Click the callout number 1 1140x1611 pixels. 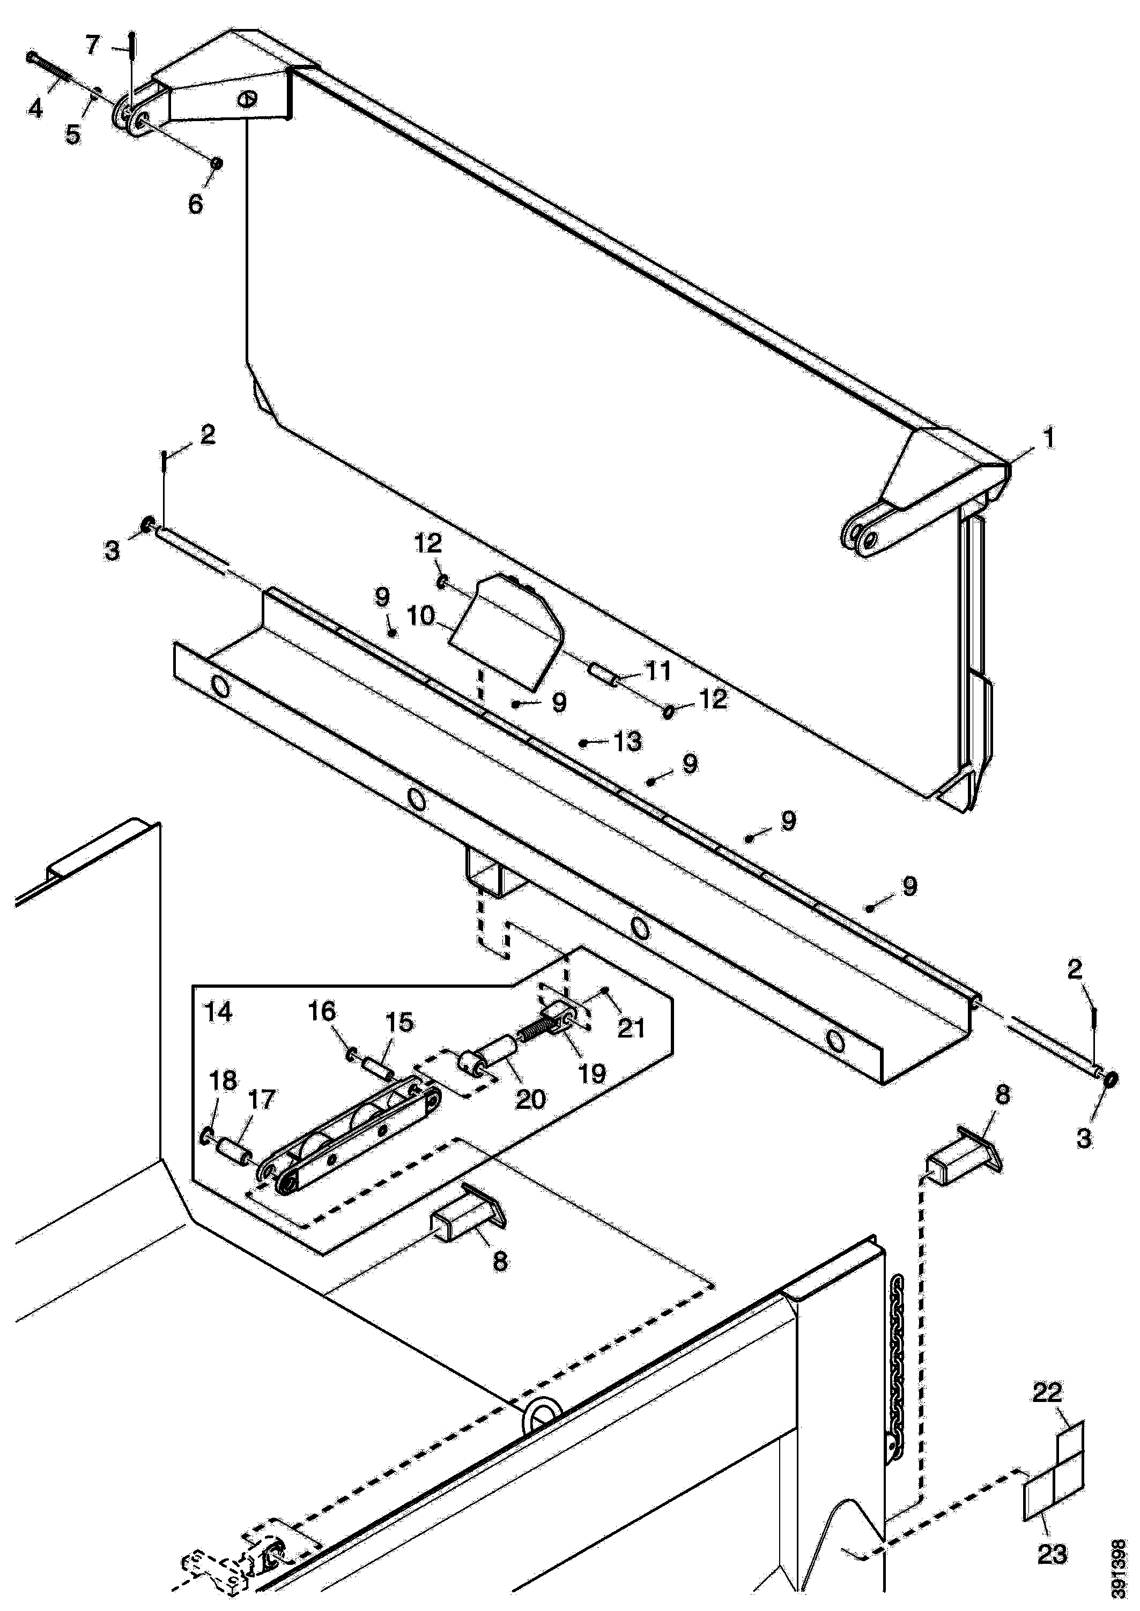[x=1049, y=439]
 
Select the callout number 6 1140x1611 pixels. [x=195, y=204]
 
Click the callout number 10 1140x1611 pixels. [x=421, y=617]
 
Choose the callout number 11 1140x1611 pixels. [x=658, y=671]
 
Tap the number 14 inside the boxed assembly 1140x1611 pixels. [x=218, y=1012]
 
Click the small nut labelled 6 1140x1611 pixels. [x=217, y=163]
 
